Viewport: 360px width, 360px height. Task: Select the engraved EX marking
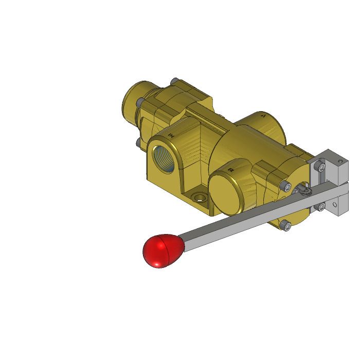pyautogui.click(x=231, y=169)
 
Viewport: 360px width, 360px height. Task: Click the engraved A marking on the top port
pyautogui.click(x=263, y=116)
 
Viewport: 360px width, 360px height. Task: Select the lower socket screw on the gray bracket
pyautogui.click(x=321, y=207)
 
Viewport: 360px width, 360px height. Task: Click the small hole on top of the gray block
pyautogui.click(x=339, y=161)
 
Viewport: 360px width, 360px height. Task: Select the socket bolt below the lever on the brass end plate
pyautogui.click(x=286, y=224)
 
